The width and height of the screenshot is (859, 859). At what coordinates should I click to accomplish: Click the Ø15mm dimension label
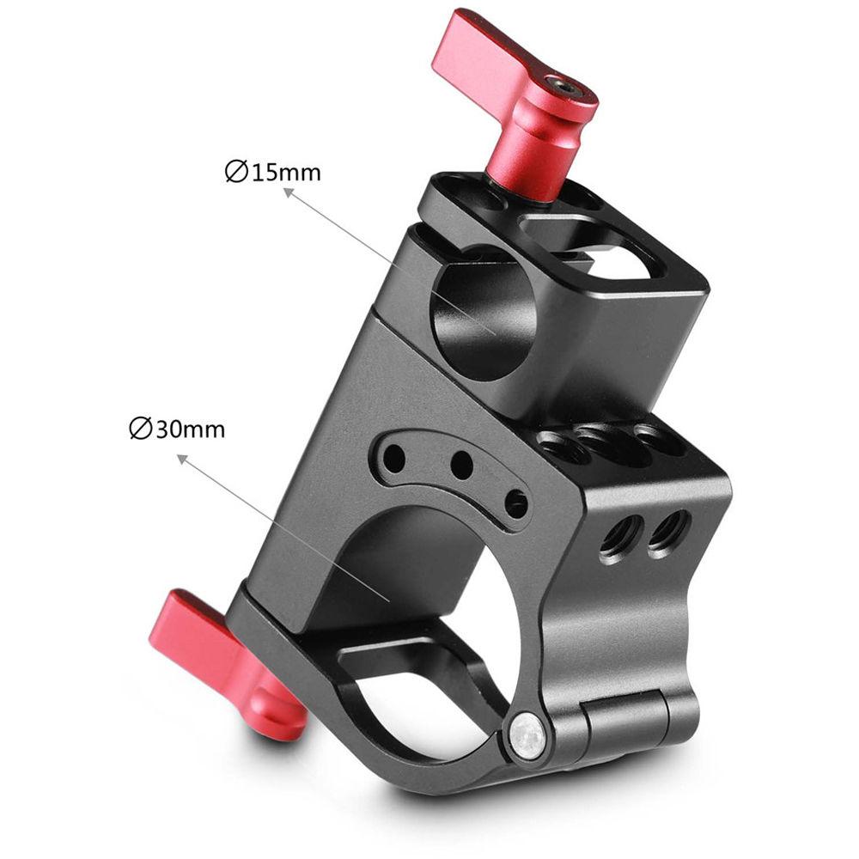click(x=272, y=172)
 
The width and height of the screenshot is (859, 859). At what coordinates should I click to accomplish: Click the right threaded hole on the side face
click(x=670, y=527)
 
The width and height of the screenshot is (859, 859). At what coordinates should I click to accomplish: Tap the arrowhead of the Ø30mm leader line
click(x=182, y=458)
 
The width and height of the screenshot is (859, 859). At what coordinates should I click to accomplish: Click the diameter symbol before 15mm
click(x=233, y=172)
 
